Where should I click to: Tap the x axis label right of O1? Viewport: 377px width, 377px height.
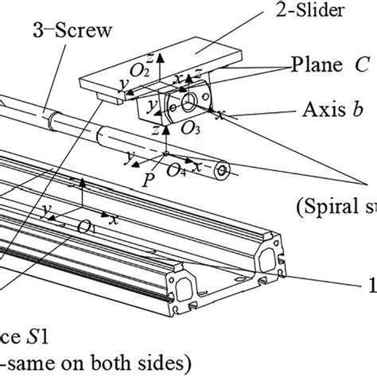click(x=116, y=217)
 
